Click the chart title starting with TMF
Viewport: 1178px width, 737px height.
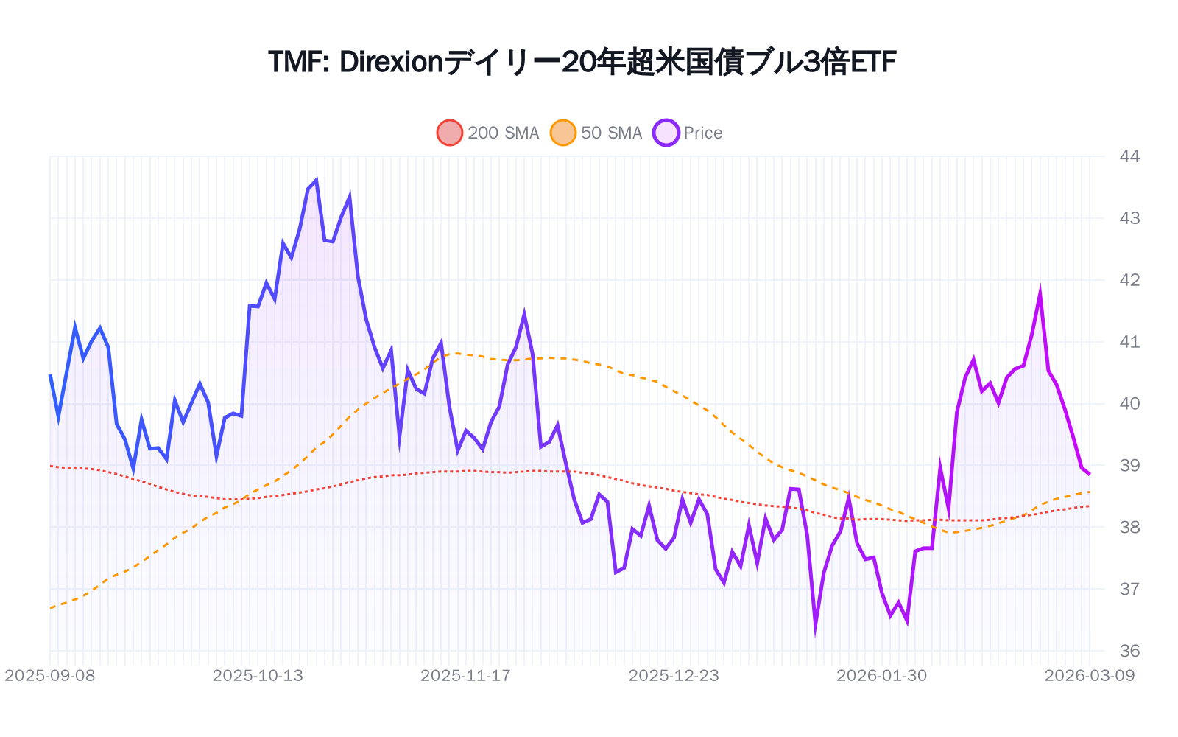(x=582, y=63)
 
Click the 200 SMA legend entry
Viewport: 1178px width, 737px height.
(x=488, y=133)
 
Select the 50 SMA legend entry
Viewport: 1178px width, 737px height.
(x=597, y=133)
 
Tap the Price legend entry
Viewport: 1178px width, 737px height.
(x=688, y=133)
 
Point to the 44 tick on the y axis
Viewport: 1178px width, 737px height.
(x=1129, y=156)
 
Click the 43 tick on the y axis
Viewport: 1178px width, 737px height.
(x=1129, y=218)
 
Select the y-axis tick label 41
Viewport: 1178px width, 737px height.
(x=1129, y=342)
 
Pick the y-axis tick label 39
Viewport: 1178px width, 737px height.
(x=1129, y=466)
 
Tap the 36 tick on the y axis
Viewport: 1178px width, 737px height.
(x=1129, y=651)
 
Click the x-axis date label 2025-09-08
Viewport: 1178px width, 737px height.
(x=50, y=676)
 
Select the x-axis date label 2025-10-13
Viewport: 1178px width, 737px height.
(x=258, y=676)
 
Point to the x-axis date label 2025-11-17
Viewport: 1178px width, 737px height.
(x=465, y=676)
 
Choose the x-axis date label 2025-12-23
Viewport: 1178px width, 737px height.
(x=674, y=676)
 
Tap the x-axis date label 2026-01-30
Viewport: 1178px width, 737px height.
(x=881, y=676)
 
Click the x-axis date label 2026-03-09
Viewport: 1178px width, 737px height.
(x=1090, y=676)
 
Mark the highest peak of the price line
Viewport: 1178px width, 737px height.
(x=316, y=181)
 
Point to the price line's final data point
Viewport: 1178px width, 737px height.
(x=1090, y=474)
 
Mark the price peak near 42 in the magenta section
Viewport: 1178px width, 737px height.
(x=1040, y=293)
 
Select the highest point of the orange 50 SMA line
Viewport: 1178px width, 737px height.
(x=456, y=353)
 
